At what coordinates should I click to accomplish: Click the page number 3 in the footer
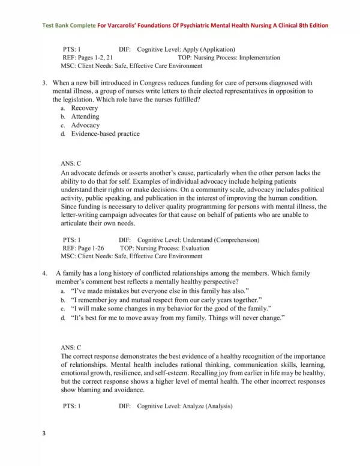tap(44, 449)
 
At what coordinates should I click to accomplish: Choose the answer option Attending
tap(85, 116)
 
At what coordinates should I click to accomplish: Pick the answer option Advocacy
tap(85, 126)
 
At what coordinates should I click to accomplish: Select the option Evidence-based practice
tap(105, 134)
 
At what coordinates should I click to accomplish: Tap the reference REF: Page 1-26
tap(83, 247)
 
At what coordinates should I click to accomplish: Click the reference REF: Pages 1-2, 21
tap(88, 58)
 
